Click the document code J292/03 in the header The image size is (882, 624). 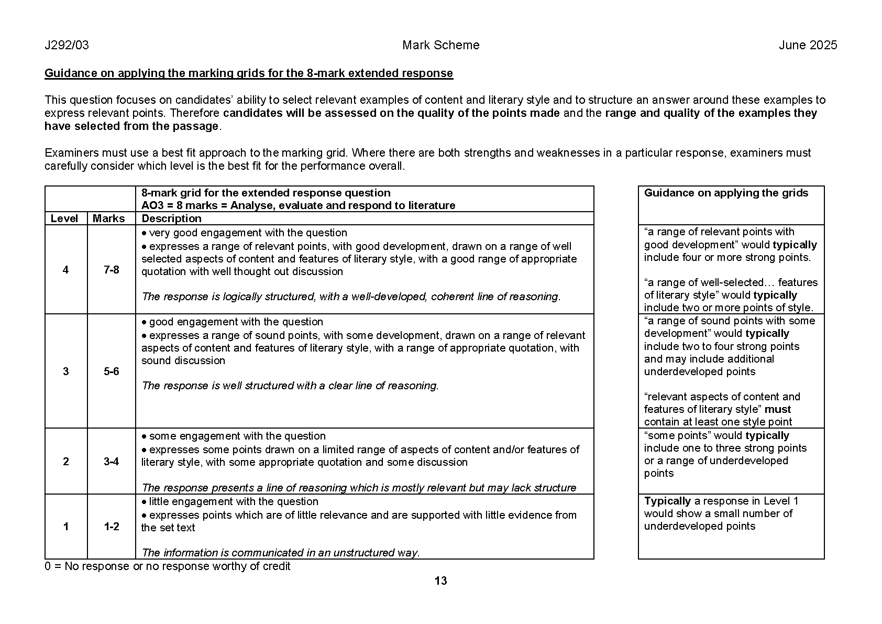pos(67,45)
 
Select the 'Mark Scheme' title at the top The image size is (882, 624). pos(440,45)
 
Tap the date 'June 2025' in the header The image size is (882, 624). pos(808,45)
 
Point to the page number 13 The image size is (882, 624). pos(441,581)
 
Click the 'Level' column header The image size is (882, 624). pos(64,218)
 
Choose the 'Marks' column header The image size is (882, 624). pos(109,218)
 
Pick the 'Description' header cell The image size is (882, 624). pos(171,218)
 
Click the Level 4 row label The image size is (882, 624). pos(65,270)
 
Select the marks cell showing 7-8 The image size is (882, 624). pos(112,270)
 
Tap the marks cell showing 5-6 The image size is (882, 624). pos(112,371)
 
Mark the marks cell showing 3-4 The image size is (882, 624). pos(112,462)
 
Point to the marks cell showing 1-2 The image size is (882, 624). pos(112,527)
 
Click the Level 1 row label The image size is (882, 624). pos(65,527)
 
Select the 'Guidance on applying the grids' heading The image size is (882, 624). pos(726,193)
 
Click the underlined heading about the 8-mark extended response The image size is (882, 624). pos(248,73)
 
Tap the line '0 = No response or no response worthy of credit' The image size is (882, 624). pos(168,566)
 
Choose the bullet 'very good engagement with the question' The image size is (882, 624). pos(248,233)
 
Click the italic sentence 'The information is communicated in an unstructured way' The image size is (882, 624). pos(281,553)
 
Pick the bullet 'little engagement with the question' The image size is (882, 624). pos(233,501)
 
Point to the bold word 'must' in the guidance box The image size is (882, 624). pos(778,409)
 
